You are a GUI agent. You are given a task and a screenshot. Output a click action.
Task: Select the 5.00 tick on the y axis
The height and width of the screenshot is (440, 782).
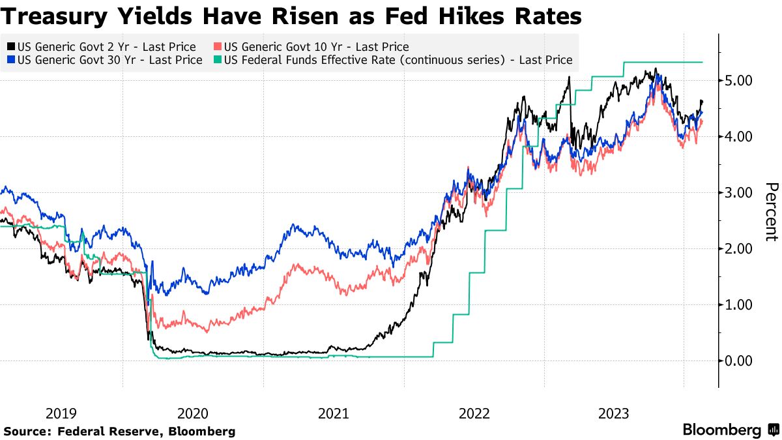(738, 81)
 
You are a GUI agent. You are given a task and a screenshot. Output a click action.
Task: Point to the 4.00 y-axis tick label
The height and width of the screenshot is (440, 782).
(738, 137)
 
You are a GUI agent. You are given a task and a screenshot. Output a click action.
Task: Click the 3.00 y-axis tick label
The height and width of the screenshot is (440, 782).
(738, 193)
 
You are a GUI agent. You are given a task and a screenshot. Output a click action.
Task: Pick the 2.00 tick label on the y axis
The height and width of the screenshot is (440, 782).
(738, 249)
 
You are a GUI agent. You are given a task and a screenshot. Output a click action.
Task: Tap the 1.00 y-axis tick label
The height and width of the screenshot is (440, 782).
(738, 305)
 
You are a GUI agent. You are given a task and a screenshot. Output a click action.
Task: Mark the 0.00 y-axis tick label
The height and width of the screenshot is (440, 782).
(738, 361)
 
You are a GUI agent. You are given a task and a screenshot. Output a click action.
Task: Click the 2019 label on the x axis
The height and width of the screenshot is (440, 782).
(61, 413)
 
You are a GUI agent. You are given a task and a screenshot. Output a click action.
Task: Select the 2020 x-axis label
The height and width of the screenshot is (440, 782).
(193, 413)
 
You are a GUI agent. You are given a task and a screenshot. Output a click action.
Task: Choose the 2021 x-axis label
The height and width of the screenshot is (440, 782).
(333, 413)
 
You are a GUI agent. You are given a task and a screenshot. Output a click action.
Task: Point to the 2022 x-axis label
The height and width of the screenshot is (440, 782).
(474, 413)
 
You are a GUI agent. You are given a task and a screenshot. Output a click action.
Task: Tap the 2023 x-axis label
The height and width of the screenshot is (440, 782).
(614, 413)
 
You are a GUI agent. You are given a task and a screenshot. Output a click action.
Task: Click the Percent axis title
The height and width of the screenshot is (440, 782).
(771, 212)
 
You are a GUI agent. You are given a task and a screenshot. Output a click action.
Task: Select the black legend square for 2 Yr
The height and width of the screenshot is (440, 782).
(10, 47)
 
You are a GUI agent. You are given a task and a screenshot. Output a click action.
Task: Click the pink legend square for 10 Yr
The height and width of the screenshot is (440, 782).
(217, 47)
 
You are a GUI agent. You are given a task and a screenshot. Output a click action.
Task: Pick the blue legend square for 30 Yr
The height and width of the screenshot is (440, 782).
(10, 60)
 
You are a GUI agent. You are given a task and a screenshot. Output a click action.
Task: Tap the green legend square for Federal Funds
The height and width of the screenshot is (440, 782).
(217, 60)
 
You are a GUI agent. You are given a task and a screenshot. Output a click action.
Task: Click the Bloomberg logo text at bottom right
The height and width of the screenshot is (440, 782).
(722, 430)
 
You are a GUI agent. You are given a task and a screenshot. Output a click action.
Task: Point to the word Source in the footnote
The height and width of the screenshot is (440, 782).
(25, 432)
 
